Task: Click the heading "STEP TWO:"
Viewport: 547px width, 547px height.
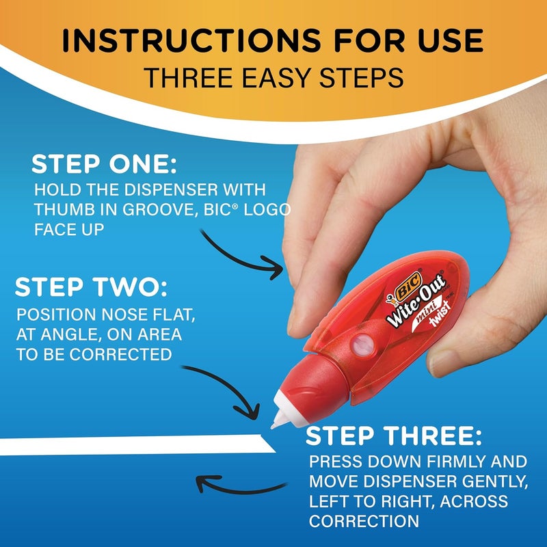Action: coord(91,287)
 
